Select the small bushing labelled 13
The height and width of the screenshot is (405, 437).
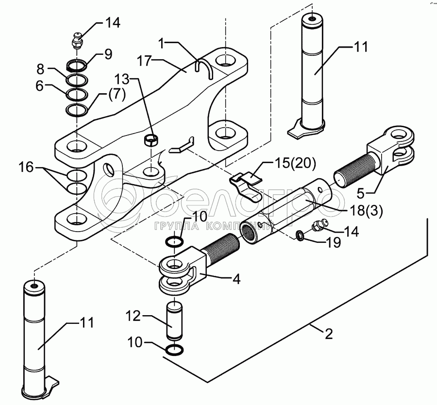pos(151,140)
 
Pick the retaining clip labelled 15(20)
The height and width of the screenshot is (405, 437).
pos(246,186)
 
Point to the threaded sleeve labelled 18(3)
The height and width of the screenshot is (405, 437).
pos(287,211)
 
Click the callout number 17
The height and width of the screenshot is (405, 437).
pos(144,61)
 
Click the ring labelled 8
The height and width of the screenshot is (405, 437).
pos(77,80)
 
